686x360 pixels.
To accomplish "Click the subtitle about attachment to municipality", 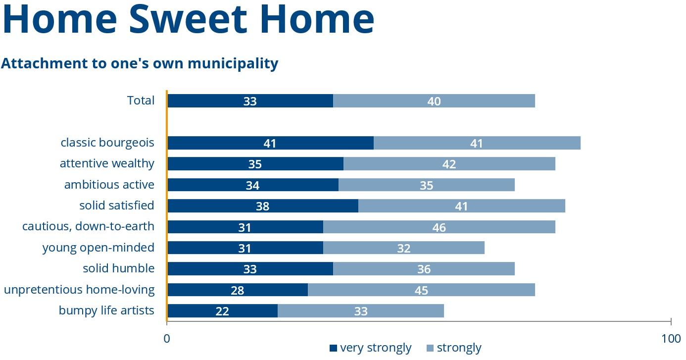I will tap(140, 63).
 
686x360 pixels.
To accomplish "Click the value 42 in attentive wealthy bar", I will tap(449, 164).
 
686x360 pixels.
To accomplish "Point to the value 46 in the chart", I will tap(439, 228).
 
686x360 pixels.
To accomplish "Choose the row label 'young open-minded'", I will tap(98, 248).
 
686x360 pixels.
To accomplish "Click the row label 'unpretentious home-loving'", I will tap(79, 290).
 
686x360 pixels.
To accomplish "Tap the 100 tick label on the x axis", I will tap(671, 339).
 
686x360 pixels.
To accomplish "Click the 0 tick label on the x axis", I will tap(167, 339).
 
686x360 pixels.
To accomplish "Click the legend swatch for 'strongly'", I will tap(429, 348).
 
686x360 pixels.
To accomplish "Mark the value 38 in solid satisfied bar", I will tap(262, 206).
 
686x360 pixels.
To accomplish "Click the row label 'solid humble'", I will tap(118, 269).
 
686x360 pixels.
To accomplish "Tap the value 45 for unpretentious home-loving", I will tap(421, 291).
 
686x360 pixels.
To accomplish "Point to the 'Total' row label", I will tap(141, 101).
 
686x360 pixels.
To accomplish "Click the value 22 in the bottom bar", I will tap(222, 311).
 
